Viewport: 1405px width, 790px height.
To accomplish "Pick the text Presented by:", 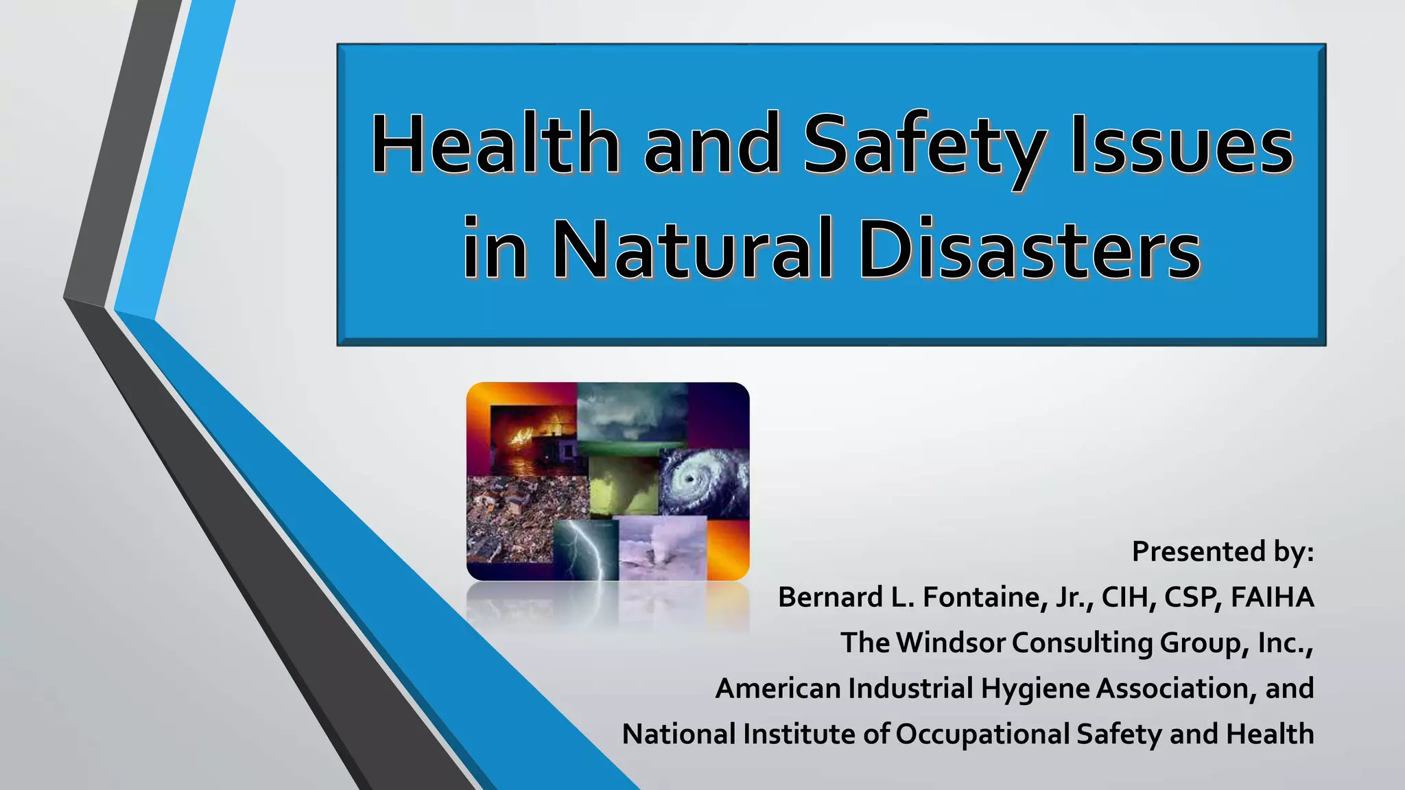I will (x=1223, y=551).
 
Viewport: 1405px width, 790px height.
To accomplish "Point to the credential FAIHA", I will (x=1273, y=597).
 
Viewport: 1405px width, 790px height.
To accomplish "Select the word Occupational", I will (x=982, y=734).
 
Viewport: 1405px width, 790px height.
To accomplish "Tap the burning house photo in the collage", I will (x=532, y=439).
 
